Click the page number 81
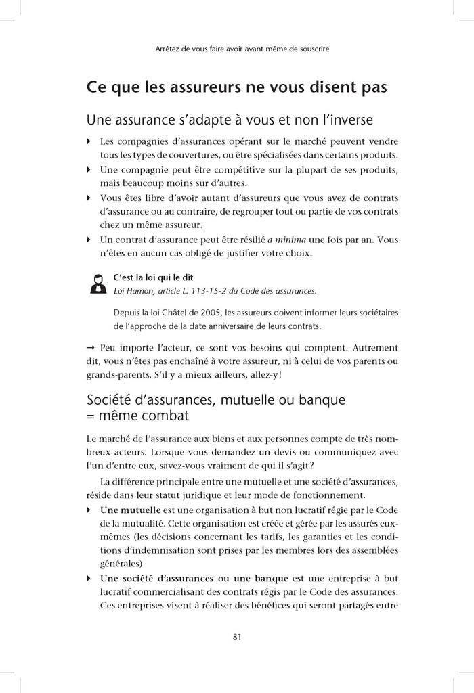coord(237,636)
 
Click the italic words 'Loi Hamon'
coord(133,291)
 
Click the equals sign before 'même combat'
coord(92,414)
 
